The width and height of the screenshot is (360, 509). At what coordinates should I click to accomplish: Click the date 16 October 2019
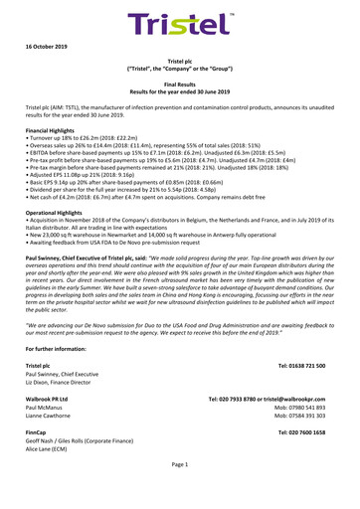[45, 47]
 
